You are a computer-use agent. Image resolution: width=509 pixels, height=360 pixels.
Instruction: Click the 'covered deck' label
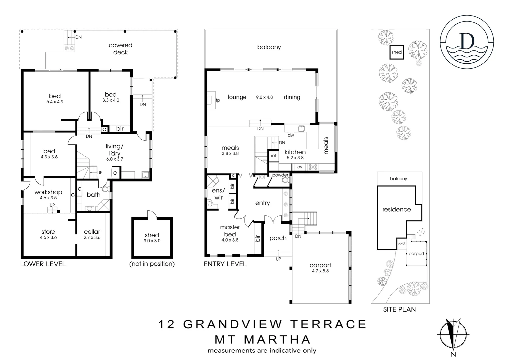[120, 49]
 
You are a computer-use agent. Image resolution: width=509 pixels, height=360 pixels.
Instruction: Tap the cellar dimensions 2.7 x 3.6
[92, 238]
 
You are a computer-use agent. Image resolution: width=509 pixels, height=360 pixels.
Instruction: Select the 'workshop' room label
[48, 192]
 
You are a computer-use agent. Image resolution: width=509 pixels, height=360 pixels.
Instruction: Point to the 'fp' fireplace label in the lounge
[218, 100]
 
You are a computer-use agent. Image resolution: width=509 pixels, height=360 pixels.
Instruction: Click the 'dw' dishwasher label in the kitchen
[290, 135]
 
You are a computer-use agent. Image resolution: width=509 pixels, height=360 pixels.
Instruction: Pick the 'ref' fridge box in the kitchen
[273, 156]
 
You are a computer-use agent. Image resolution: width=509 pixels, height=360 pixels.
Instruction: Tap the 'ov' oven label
[300, 167]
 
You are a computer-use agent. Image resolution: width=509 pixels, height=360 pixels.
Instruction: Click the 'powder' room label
[280, 175]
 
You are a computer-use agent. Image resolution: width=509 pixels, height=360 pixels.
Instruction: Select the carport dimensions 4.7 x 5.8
[320, 271]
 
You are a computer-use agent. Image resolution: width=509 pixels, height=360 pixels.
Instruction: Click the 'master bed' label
[230, 230]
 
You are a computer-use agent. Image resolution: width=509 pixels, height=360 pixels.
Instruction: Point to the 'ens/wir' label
[218, 194]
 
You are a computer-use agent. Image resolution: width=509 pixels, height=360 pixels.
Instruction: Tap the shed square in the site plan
[396, 52]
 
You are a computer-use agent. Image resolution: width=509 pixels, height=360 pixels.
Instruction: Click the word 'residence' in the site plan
[396, 209]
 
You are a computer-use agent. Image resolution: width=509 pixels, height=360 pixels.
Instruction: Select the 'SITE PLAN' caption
[399, 309]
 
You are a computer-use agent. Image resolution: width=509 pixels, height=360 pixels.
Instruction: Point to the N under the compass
[453, 354]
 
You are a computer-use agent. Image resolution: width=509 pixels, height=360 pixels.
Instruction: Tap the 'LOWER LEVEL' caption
[43, 264]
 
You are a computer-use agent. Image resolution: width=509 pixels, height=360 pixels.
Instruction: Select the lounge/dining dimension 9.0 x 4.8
[264, 97]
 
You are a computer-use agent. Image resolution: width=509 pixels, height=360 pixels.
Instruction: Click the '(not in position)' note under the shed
[152, 264]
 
